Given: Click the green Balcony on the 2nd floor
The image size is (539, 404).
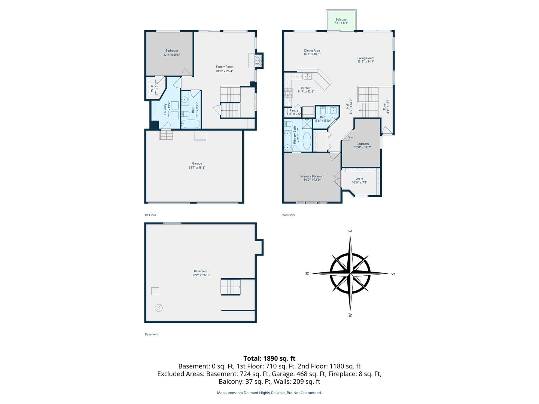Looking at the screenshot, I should point(341,21).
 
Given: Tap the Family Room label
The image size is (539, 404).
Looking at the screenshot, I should point(225,67).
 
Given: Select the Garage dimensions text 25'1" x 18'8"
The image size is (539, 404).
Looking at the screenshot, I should point(197,168).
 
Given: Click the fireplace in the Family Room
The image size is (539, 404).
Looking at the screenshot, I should point(258,61).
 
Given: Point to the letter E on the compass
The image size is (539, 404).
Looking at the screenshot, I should point(350,230).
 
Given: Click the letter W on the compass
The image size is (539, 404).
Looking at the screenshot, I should point(350,315).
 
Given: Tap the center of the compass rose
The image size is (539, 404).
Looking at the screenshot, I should point(350,273).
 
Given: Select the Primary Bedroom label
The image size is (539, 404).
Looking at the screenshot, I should point(312,176).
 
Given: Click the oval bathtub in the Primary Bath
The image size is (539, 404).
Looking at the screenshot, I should point(307,141).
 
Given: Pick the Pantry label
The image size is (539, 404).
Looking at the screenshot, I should point(294,110).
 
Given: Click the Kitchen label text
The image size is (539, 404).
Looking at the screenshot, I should point(306,88).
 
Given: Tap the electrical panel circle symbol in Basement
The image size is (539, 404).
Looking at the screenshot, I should point(159,308).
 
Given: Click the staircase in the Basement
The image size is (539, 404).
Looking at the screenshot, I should point(231,287).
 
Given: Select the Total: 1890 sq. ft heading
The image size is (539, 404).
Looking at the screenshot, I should point(269,358).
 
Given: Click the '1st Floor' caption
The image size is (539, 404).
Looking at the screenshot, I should point(150,215).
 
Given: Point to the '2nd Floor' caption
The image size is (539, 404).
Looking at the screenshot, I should point(289,215).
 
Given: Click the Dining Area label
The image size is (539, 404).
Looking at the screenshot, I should point(312,50).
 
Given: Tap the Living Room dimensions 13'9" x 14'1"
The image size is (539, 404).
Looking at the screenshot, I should point(365,62).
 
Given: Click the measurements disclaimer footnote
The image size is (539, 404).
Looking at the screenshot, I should point(269,393).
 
